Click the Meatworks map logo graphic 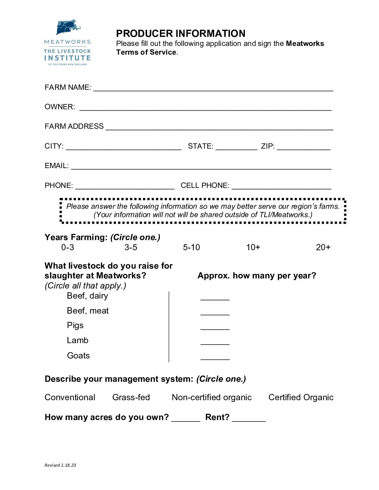point(68,27)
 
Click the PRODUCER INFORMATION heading point(180,33)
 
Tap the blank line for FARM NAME point(213,88)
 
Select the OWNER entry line point(206,108)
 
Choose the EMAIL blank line point(201,167)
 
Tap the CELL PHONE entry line point(281,187)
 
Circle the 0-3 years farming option point(68,247)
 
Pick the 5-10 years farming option point(192,247)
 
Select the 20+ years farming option point(323,247)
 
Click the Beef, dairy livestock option point(87,296)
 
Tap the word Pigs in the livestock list point(75,325)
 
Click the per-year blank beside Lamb point(215,342)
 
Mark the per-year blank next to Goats point(215,357)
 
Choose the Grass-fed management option point(131,397)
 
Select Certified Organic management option point(301,397)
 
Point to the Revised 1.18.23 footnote point(60,465)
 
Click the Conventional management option point(70,397)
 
